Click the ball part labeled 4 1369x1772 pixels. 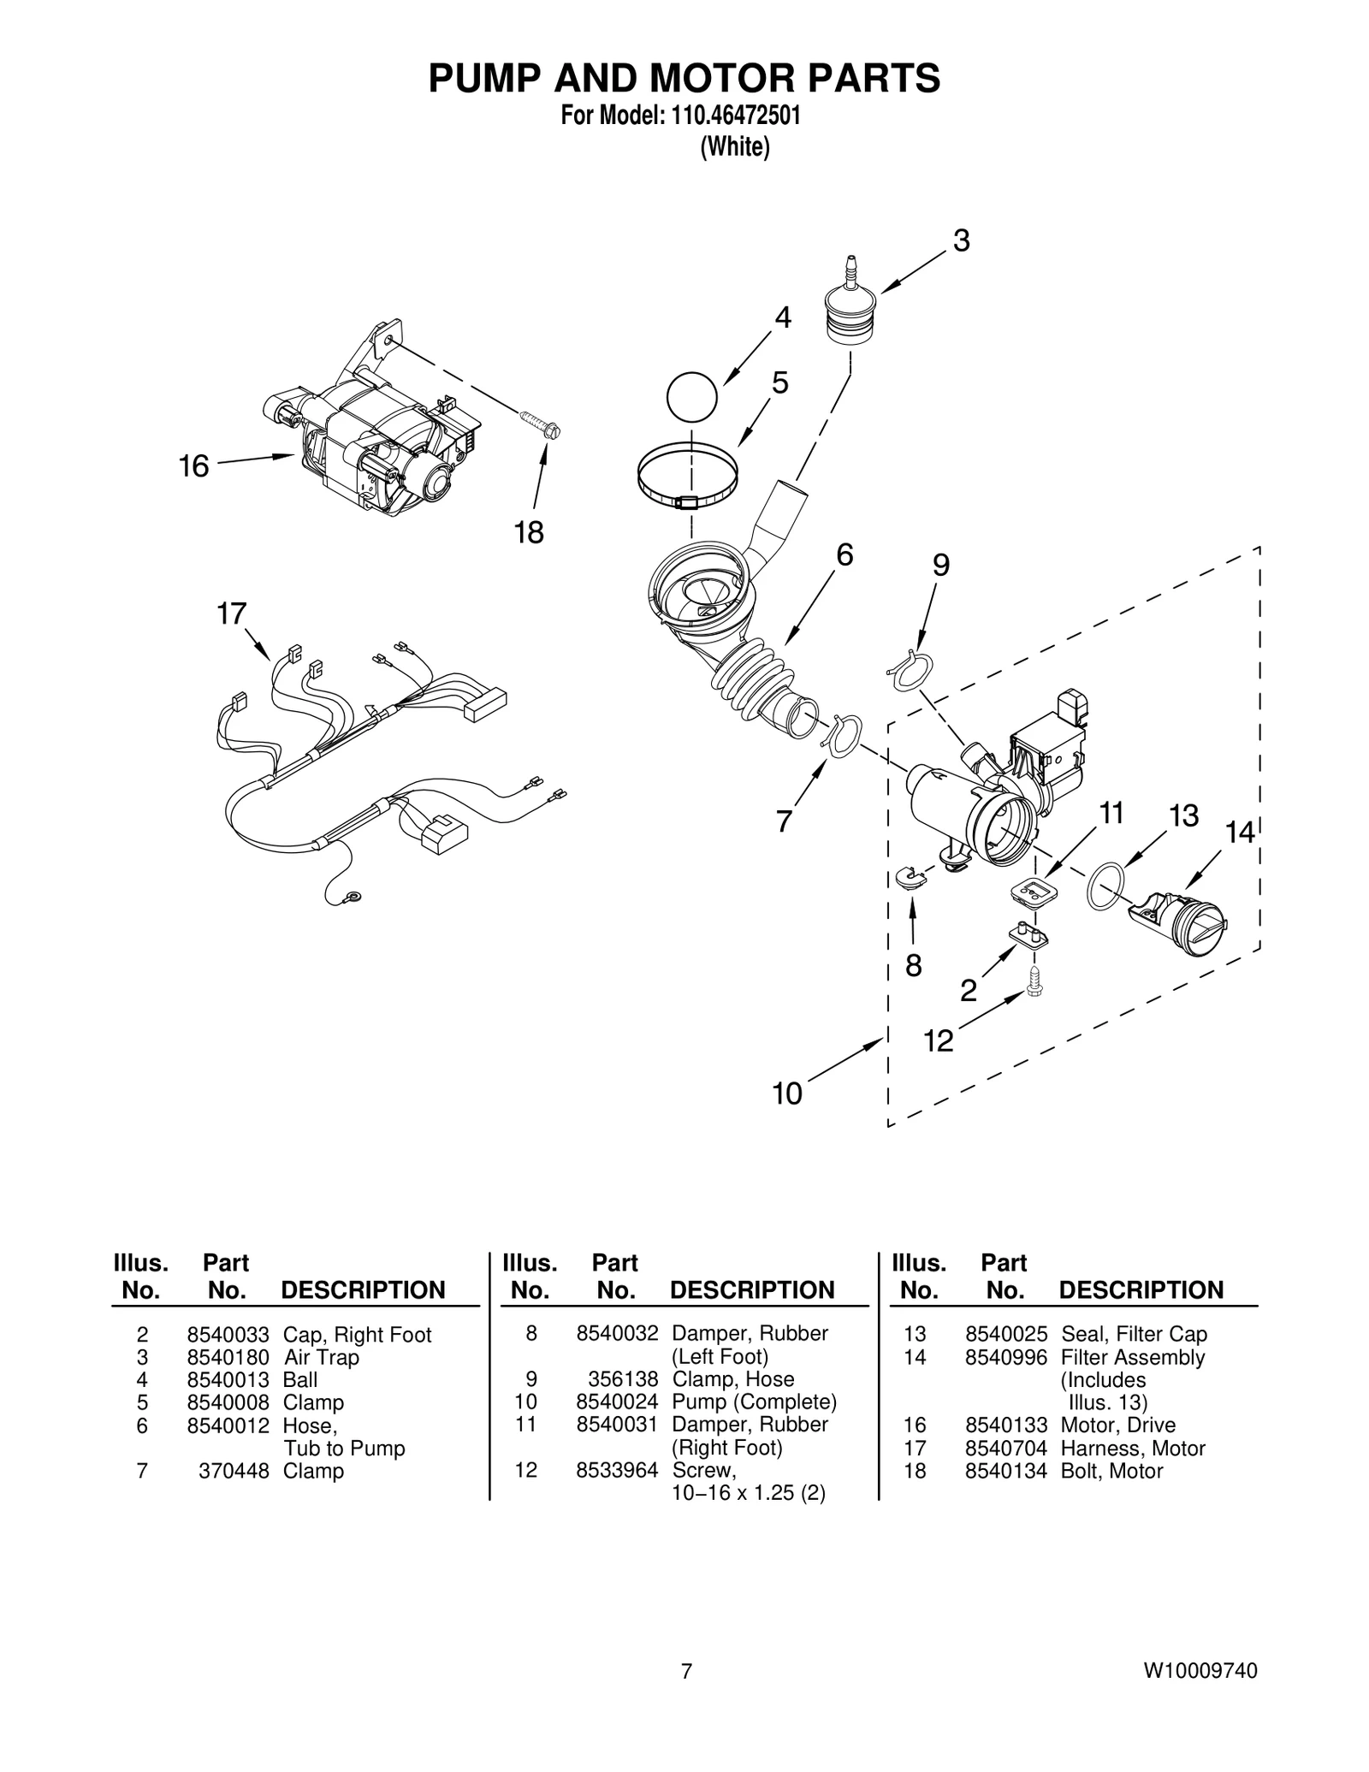(691, 396)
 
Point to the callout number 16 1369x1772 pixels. (193, 466)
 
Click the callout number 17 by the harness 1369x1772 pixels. (231, 613)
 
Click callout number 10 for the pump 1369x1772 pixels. (787, 1093)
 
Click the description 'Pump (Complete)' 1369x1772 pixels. (754, 1402)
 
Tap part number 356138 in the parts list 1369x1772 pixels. (622, 1379)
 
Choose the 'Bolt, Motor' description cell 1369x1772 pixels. (1111, 1471)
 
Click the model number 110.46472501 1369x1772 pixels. (735, 116)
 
